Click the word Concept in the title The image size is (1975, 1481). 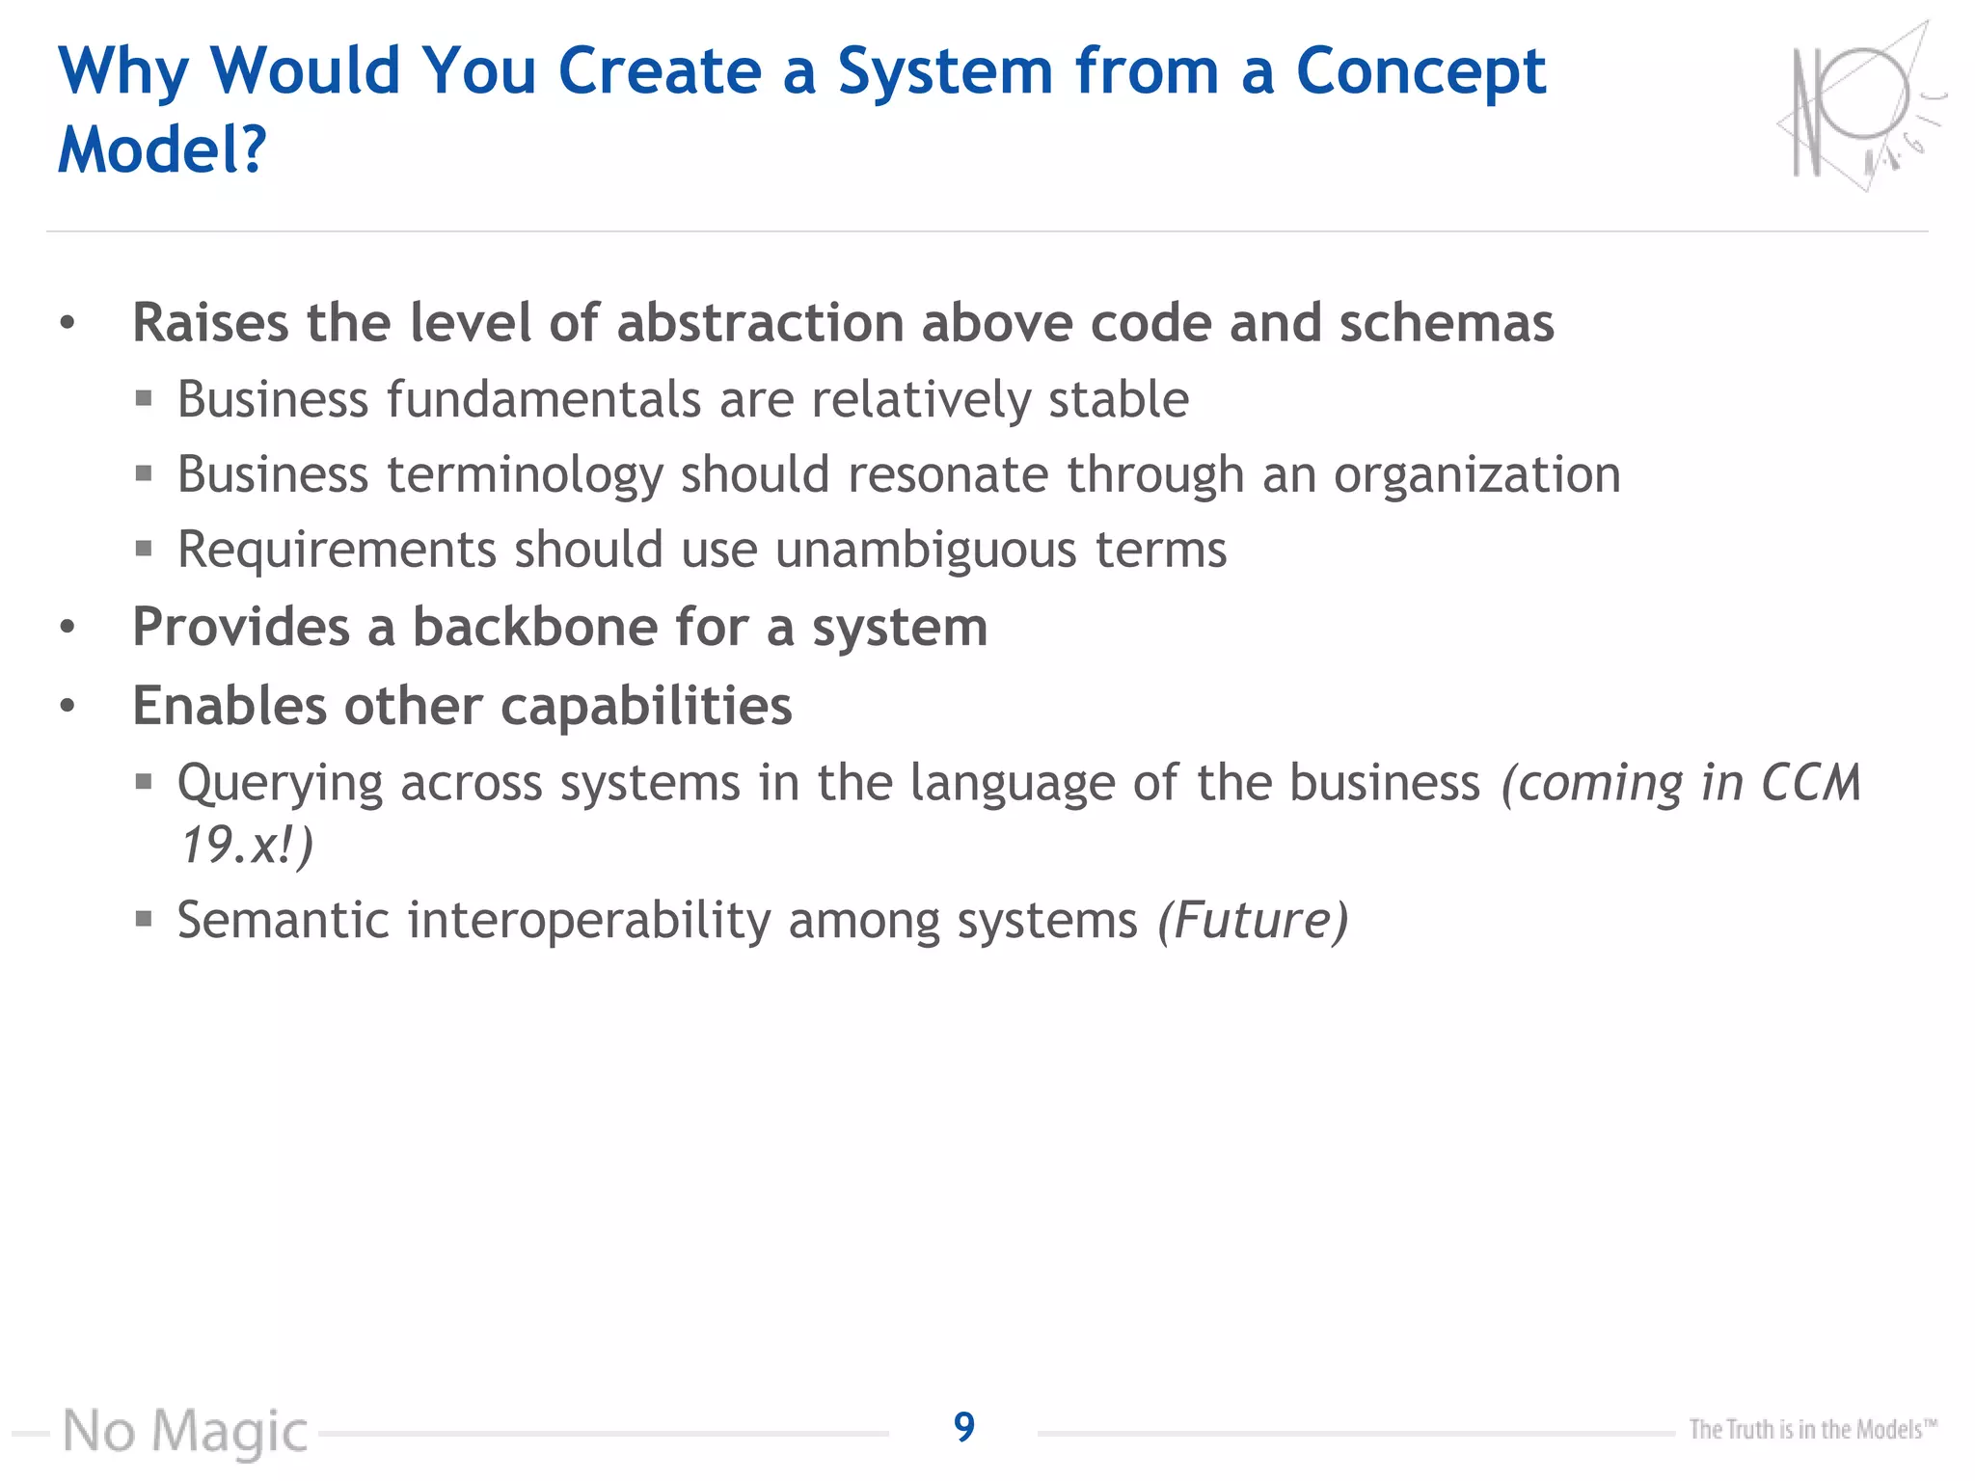pos(1420,72)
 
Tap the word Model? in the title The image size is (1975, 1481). pos(161,150)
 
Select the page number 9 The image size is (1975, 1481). pos(963,1426)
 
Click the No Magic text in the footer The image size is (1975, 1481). pos(185,1431)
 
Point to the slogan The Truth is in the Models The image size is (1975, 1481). pos(1811,1429)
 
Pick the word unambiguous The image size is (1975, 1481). pos(926,550)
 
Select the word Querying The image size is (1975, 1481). pos(280,783)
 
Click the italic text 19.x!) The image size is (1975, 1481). pos(247,846)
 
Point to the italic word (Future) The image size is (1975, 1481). pos(1252,920)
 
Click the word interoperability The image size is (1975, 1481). pos(588,920)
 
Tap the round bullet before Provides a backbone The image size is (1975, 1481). pos(67,628)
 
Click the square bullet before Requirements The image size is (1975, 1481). pos(144,549)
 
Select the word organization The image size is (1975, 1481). pos(1476,475)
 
